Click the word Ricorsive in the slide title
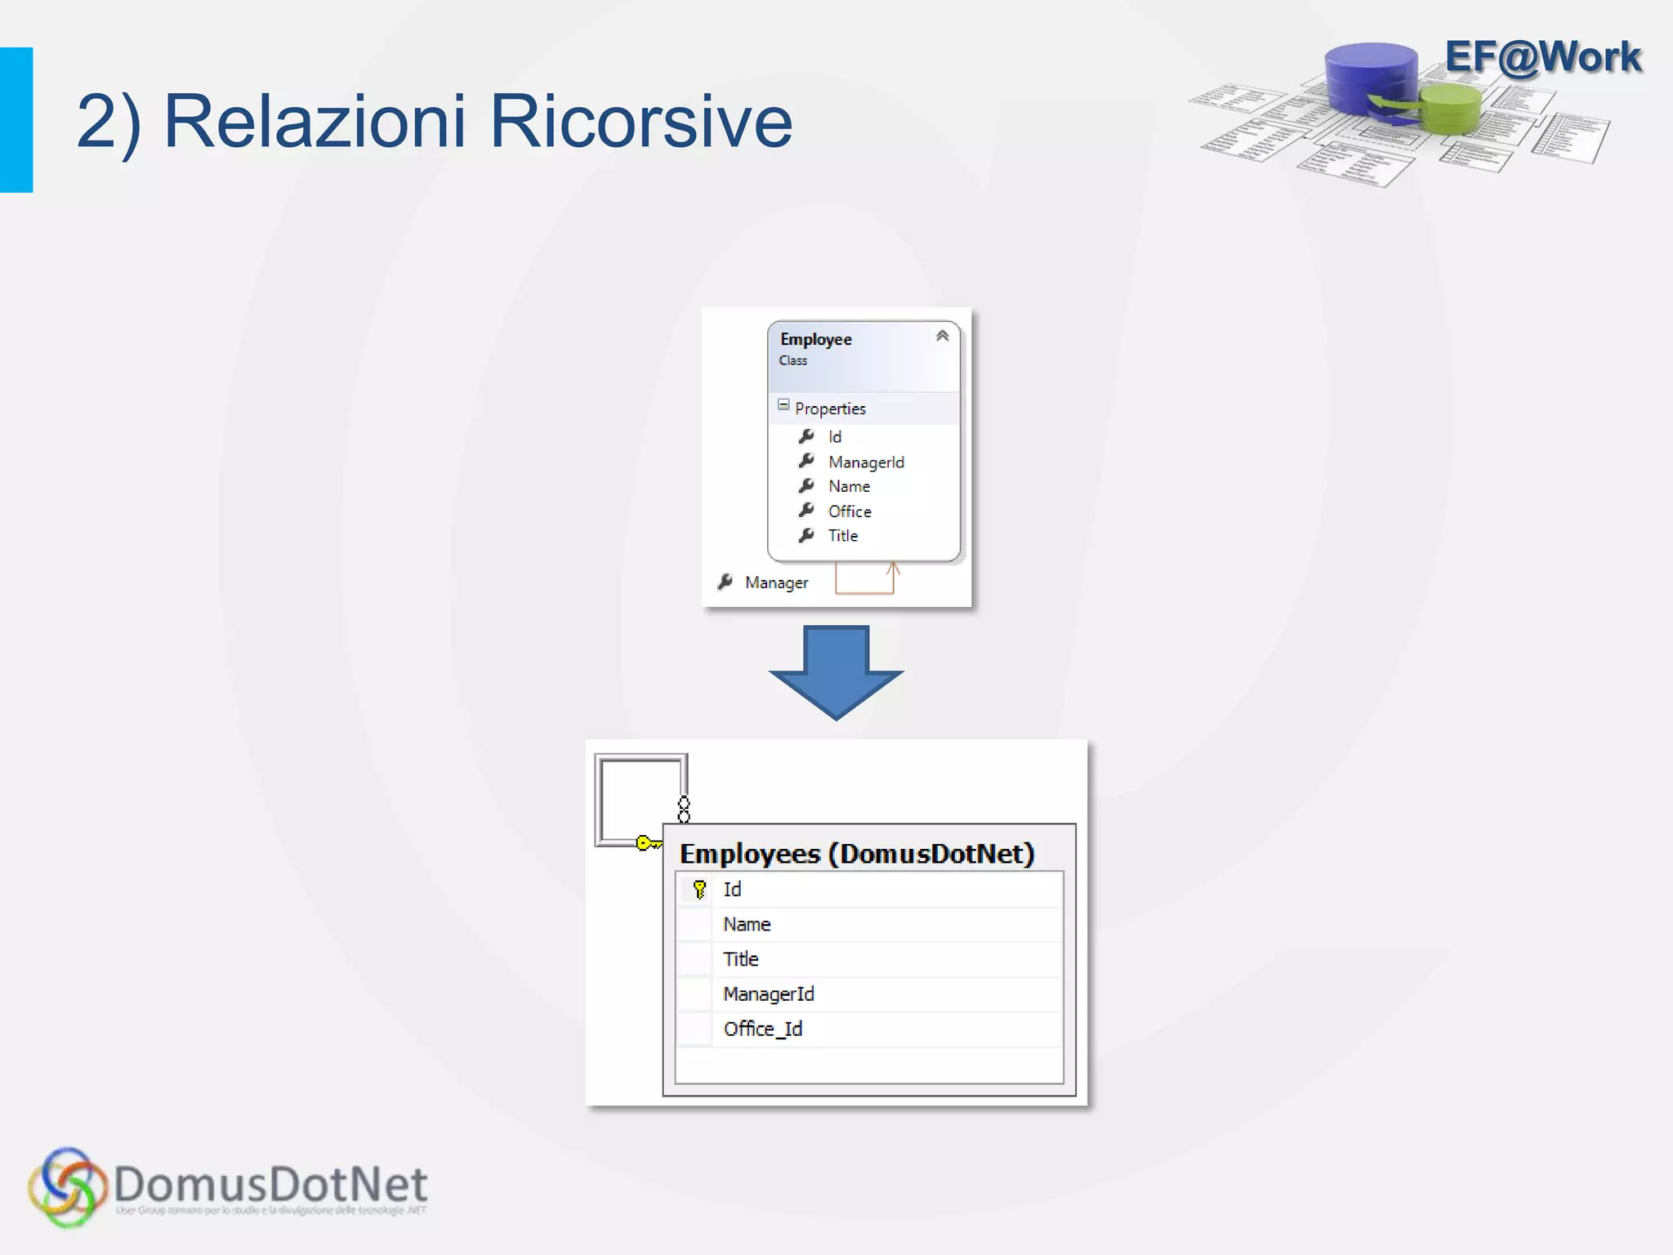coord(640,123)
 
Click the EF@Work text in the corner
coord(1542,57)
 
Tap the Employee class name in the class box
coord(815,339)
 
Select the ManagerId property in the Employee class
coord(866,462)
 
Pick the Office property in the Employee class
coord(850,511)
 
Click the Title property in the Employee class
coord(843,536)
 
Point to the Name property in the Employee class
coord(849,487)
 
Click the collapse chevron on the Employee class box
coord(942,336)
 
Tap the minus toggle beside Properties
coord(783,405)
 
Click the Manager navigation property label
coord(776,583)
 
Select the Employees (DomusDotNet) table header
coord(857,854)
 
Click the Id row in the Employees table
coord(732,889)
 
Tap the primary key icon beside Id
coord(699,889)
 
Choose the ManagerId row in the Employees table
coord(769,994)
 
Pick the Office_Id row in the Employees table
coord(763,1029)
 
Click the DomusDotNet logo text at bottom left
coord(270,1185)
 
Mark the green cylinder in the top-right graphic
coord(1451,110)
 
